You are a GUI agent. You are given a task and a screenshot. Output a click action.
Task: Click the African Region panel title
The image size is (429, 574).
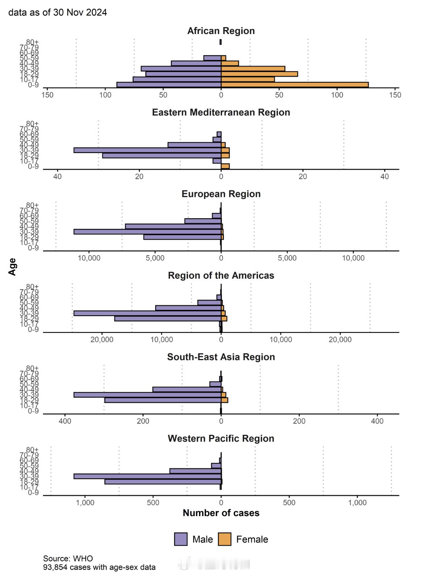(x=221, y=31)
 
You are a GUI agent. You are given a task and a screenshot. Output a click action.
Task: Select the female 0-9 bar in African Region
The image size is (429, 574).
(x=294, y=85)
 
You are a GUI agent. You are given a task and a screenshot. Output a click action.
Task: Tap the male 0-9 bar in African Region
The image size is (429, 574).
(x=169, y=85)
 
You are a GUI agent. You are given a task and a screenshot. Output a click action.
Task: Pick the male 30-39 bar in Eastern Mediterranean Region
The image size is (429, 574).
(x=147, y=150)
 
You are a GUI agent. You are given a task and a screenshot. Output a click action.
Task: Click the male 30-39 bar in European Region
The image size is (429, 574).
(x=147, y=232)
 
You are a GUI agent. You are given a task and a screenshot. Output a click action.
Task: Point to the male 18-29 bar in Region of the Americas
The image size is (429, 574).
(x=167, y=318)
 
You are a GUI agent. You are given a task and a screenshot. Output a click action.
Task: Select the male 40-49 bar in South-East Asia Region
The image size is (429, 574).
(x=187, y=389)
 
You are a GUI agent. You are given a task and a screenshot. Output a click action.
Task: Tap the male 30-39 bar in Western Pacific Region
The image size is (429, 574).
(x=147, y=476)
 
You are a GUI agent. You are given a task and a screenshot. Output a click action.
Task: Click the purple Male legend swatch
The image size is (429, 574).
(x=180, y=539)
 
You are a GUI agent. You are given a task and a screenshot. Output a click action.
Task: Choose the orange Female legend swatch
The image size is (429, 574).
(x=224, y=539)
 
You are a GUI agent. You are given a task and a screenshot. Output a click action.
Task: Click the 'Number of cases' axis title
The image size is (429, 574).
(x=221, y=513)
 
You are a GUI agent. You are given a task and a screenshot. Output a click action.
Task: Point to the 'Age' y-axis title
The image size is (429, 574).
(x=12, y=267)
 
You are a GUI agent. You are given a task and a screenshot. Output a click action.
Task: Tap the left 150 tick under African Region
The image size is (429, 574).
(x=47, y=95)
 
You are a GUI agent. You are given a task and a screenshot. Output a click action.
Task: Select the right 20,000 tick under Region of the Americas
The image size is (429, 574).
(x=340, y=339)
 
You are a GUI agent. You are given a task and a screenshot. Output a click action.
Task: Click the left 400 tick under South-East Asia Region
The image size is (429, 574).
(x=65, y=421)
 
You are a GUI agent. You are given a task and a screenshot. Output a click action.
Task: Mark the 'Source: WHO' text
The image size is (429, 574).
(x=68, y=558)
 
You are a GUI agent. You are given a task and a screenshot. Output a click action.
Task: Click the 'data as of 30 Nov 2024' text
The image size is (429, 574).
(x=58, y=12)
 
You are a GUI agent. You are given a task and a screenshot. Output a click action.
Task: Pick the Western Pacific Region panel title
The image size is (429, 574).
(x=221, y=438)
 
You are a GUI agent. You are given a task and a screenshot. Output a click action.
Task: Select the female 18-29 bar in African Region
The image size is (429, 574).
(x=259, y=74)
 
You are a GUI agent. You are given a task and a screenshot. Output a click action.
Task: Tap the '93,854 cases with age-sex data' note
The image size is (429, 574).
(x=99, y=567)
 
